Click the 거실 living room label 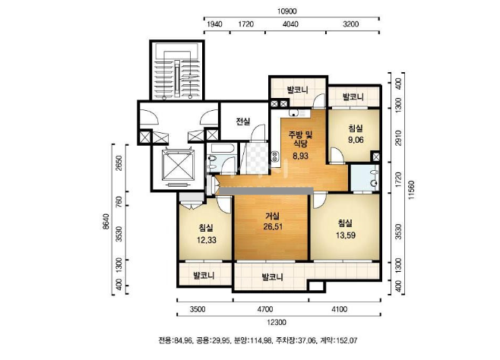(272, 216)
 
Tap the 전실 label (243, 122)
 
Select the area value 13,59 (345, 235)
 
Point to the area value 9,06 (356, 140)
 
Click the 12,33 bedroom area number (207, 240)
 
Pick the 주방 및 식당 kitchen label (300, 139)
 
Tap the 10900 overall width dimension (286, 11)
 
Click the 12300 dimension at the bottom (276, 323)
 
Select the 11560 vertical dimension (412, 190)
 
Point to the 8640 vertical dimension (106, 222)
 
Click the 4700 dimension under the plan (264, 309)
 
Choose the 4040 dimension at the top (290, 24)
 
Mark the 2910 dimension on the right (398, 137)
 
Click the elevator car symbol (178, 165)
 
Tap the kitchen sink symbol (293, 112)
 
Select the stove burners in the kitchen (274, 156)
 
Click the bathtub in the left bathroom (223, 148)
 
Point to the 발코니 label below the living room (272, 277)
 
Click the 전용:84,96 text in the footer (176, 340)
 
